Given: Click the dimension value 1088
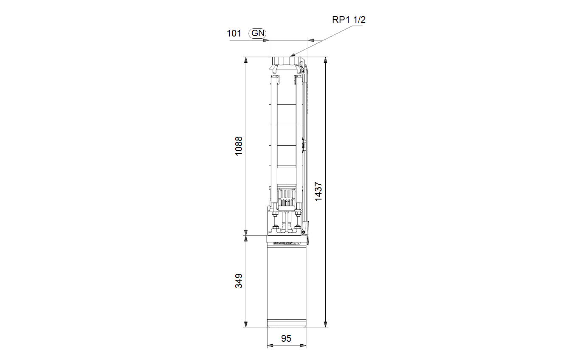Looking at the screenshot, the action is pos(239,146).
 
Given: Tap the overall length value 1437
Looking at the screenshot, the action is pos(318,191).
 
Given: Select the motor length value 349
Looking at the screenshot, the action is pos(239,281).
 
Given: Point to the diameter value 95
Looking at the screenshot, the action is pos(286,338).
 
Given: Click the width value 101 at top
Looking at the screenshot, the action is pos(234,33).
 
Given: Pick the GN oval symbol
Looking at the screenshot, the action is pos(257,33).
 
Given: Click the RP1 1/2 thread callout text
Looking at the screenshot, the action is pos(349,20).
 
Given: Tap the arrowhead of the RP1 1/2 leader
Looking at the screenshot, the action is pos(293,55).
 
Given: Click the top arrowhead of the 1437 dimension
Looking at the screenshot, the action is pos(325,60).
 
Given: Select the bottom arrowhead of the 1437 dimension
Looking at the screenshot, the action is pos(325,324).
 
